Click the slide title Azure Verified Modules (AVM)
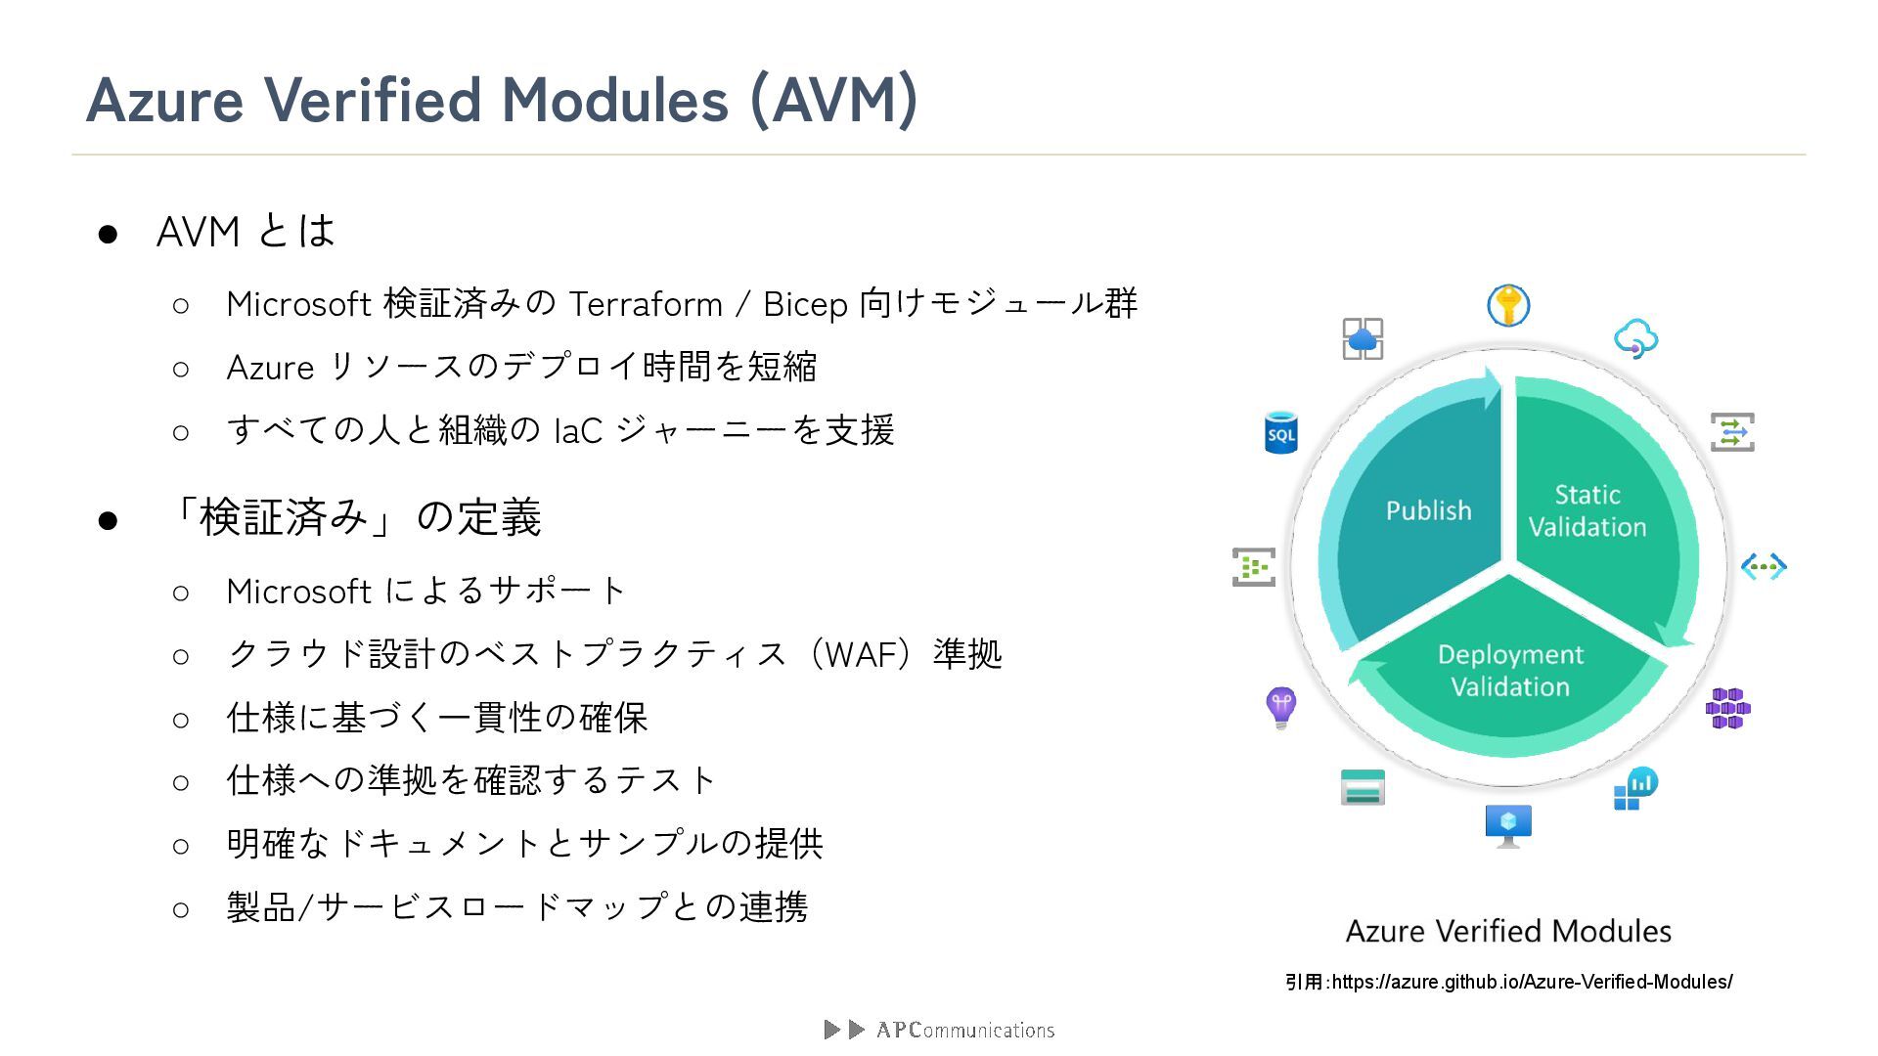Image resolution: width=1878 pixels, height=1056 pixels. pos(502,100)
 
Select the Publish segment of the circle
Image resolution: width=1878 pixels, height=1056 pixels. pos(1427,510)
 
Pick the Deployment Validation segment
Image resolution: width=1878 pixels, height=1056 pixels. pos(1509,671)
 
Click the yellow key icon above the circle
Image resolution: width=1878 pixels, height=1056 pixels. pos(1508,306)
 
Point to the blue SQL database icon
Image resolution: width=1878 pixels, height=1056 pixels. pos(1280,432)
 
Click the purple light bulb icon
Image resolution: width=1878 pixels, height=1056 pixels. pos(1280,706)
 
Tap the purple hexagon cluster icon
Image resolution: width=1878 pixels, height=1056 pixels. pos(1727,709)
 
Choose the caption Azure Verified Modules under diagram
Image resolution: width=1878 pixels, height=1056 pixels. pos(1508,931)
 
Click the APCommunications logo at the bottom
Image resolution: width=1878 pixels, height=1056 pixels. pos(940,1030)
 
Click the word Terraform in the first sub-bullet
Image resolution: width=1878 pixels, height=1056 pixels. pos(646,304)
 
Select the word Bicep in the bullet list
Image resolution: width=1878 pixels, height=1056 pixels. pos(805,304)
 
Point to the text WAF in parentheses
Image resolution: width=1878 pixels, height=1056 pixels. pos(868,653)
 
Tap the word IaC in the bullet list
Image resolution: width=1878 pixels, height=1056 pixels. pos(577,430)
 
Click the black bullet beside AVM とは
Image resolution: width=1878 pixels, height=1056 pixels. pos(108,234)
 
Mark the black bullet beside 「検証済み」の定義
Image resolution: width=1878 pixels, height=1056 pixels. pos(108,520)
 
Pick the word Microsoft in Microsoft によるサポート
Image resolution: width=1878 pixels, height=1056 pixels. pos(298,592)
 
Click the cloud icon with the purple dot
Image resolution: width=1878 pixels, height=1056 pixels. pos(1635,338)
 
